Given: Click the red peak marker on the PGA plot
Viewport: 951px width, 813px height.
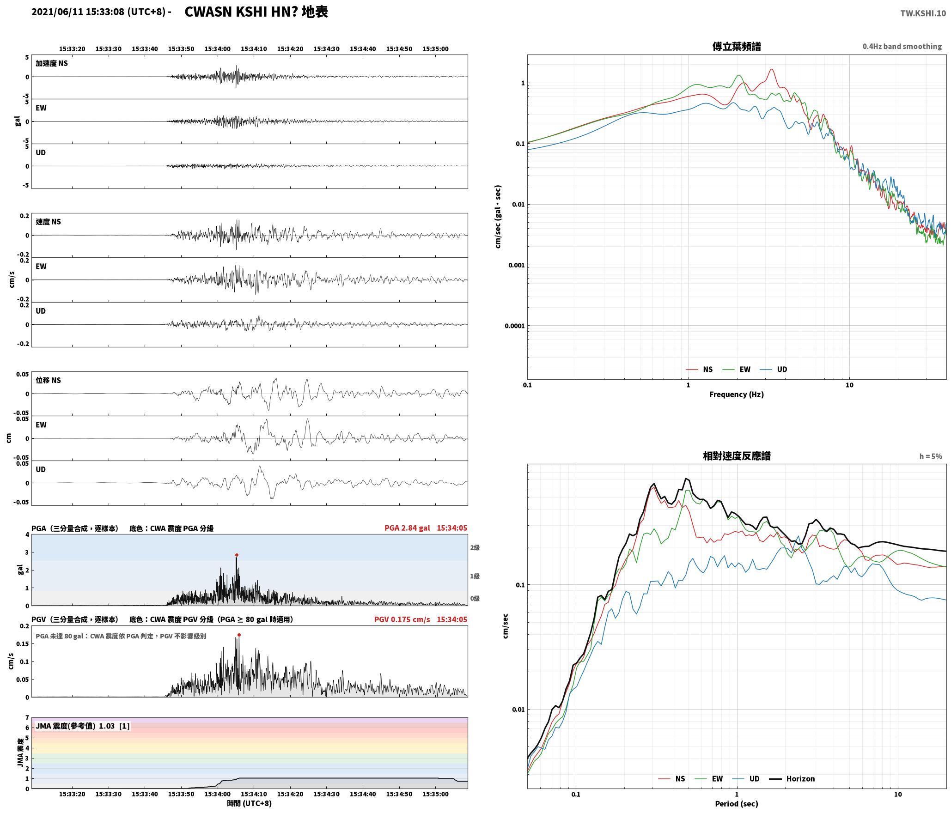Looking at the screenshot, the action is (x=237, y=555).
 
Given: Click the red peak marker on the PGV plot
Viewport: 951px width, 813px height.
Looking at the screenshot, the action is (x=239, y=635).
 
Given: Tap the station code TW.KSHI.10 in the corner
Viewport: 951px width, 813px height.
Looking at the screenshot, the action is (x=923, y=13).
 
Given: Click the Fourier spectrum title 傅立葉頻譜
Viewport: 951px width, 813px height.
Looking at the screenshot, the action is (x=737, y=47).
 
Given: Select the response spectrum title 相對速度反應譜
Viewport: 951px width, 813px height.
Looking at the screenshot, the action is (x=737, y=456).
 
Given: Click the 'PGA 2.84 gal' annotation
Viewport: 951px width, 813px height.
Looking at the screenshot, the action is (x=407, y=528).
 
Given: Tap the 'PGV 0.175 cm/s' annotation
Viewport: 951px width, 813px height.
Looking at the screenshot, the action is (x=402, y=619).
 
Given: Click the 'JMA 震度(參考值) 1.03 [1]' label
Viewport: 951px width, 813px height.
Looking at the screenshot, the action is (x=83, y=726).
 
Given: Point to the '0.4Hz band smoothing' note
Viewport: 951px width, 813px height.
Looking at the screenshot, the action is (x=902, y=47).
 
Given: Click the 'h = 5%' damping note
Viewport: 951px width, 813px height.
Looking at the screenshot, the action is (x=931, y=456).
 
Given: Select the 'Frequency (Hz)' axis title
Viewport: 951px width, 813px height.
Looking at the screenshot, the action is (x=737, y=394).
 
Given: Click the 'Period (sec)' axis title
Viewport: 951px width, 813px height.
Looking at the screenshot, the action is (x=737, y=804).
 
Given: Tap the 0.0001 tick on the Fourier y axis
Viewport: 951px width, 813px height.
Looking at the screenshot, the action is (x=514, y=326).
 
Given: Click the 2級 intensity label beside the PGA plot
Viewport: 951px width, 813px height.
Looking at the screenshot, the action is (x=475, y=548).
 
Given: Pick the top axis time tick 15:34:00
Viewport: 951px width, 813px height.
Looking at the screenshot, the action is (x=218, y=49).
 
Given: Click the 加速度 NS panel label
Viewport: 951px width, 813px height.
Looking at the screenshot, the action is (x=52, y=63).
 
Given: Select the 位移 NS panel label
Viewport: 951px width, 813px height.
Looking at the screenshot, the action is (x=49, y=380).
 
